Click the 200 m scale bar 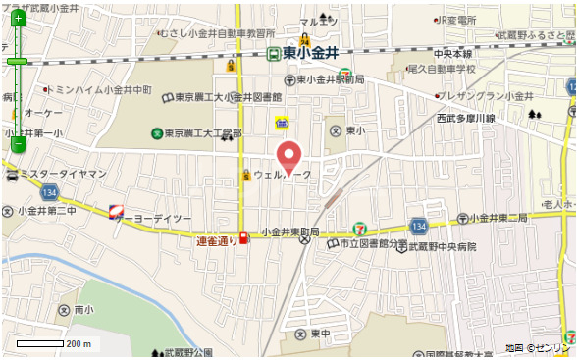coord(54,344)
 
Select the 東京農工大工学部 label coord(202,133)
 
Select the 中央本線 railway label coord(452,54)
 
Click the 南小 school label coord(82,310)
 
